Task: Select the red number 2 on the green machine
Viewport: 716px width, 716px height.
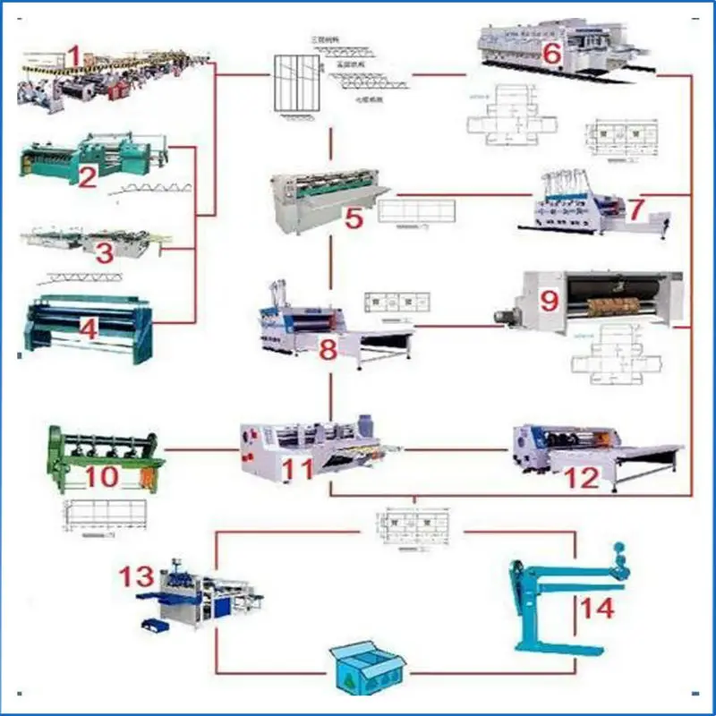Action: click(87, 177)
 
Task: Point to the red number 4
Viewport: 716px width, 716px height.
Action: click(88, 329)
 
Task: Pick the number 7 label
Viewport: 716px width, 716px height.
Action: click(635, 210)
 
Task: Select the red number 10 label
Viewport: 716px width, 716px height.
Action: click(102, 477)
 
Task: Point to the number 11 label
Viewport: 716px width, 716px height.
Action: click(298, 466)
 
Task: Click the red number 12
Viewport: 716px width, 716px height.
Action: click(582, 478)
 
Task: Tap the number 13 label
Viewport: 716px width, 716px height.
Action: click(137, 575)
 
